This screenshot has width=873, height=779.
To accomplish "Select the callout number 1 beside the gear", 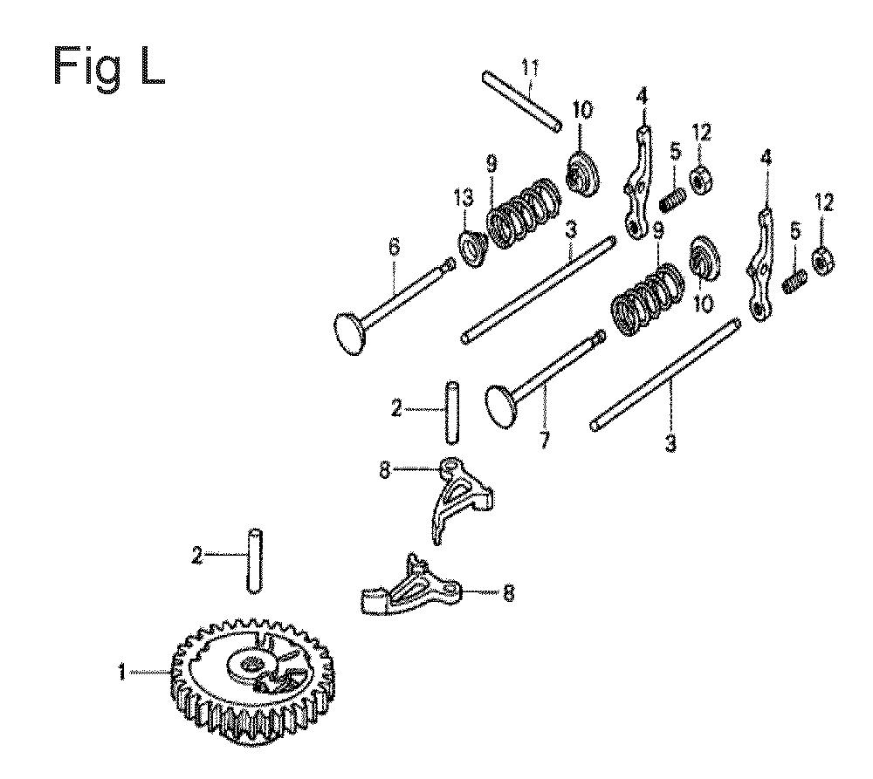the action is [x=122, y=673].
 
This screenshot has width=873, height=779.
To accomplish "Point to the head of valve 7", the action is [x=502, y=407].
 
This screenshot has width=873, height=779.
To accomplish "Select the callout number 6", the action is [x=395, y=248].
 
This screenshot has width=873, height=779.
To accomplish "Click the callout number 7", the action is [x=545, y=439].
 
